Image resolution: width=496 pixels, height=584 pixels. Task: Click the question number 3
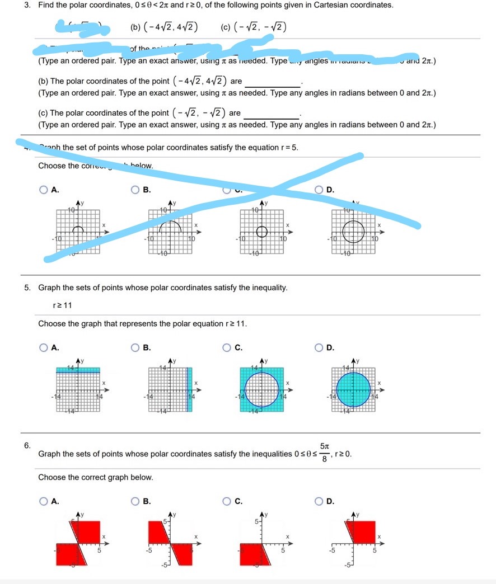click(x=27, y=5)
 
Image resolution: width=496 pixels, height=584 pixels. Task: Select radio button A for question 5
click(x=44, y=348)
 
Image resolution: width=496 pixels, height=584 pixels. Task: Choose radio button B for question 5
click(x=135, y=348)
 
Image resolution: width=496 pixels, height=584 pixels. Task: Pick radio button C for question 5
click(x=227, y=348)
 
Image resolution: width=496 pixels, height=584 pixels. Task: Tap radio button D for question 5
click(x=319, y=348)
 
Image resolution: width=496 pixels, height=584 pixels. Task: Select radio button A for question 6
click(x=44, y=501)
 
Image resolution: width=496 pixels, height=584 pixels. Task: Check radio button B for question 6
click(x=135, y=501)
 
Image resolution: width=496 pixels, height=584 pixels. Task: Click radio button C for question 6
click(x=227, y=501)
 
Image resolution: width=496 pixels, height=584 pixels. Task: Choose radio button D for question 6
click(x=319, y=501)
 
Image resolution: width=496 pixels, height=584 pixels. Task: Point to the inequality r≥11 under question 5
click(x=63, y=305)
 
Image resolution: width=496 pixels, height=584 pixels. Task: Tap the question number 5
click(x=27, y=288)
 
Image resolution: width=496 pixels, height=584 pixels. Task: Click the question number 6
click(x=27, y=445)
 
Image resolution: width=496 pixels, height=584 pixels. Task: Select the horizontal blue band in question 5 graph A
click(x=78, y=370)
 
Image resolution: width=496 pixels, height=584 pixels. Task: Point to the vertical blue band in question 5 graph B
click(x=189, y=389)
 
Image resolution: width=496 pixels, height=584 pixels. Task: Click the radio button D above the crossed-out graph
click(x=319, y=190)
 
